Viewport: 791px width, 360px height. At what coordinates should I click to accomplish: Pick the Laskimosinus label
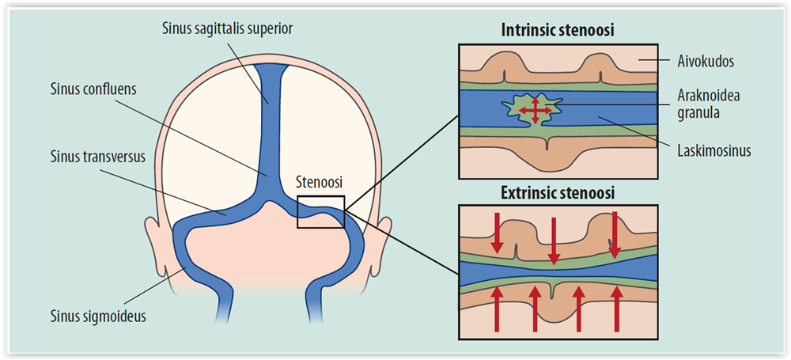click(x=713, y=150)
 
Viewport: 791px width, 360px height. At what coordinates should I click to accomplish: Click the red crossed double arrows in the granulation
click(x=536, y=110)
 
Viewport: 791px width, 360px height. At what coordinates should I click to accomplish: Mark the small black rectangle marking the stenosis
click(x=320, y=211)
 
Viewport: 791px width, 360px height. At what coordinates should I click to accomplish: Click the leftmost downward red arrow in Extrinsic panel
click(x=496, y=233)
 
